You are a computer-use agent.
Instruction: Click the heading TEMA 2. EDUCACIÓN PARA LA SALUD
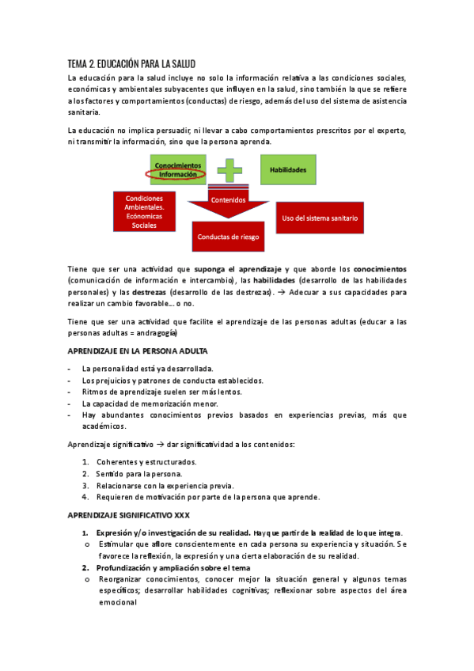pyautogui.click(x=131, y=63)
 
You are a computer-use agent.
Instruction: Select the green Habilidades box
pyautogui.click(x=288, y=170)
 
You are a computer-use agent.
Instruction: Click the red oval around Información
pyautogui.click(x=176, y=173)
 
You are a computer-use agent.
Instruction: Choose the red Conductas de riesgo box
pyautogui.click(x=228, y=237)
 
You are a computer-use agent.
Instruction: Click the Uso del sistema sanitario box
pyautogui.click(x=320, y=218)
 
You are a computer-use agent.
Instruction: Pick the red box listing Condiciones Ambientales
pyautogui.click(x=144, y=212)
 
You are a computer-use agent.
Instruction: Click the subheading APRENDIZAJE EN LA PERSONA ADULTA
pyautogui.click(x=138, y=351)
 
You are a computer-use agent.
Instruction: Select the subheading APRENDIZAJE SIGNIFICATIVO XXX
pyautogui.click(x=128, y=515)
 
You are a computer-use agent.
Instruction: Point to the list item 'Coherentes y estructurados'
pyautogui.click(x=146, y=462)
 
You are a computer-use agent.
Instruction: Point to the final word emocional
pyautogui.click(x=118, y=601)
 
